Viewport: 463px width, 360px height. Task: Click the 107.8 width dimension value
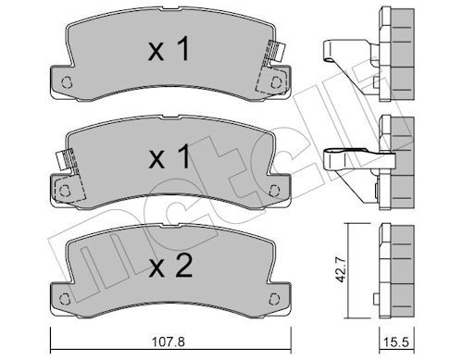point(169,341)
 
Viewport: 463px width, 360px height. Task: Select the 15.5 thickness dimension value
point(396,341)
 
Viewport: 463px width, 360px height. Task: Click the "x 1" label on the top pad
point(169,49)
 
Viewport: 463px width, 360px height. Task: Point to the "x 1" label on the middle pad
point(169,157)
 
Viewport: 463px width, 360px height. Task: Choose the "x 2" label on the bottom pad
point(170,266)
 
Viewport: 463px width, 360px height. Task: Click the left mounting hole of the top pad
point(67,82)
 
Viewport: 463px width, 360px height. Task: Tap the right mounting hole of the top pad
point(276,82)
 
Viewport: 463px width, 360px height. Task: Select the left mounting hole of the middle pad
point(65,191)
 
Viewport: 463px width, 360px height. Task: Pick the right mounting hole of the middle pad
point(274,191)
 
